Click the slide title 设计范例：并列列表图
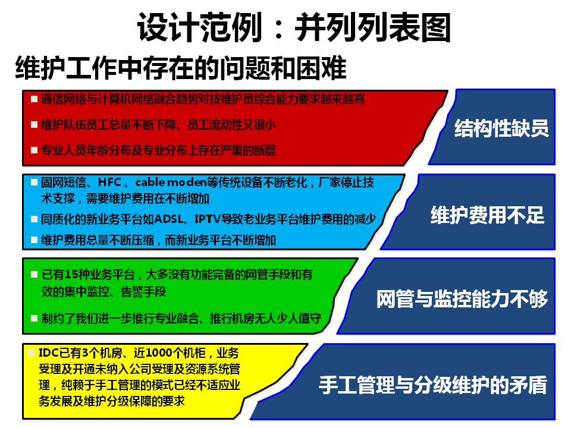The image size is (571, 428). pyautogui.click(x=294, y=27)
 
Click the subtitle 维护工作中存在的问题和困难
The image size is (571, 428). pyautogui.click(x=181, y=68)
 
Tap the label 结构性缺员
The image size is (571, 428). pyautogui.click(x=501, y=128)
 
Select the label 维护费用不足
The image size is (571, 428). pyautogui.click(x=487, y=215)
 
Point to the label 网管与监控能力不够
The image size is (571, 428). pyautogui.click(x=462, y=299)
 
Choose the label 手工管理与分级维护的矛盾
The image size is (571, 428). pyautogui.click(x=432, y=385)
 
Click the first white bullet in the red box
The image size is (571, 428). pyautogui.click(x=34, y=99)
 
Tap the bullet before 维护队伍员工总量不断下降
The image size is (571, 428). pyautogui.click(x=34, y=125)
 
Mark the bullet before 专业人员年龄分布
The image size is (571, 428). pyautogui.click(x=34, y=150)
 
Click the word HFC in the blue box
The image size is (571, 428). pyautogui.click(x=109, y=182)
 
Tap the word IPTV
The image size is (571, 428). pyautogui.click(x=208, y=219)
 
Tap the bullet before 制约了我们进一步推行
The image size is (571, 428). pyautogui.click(x=34, y=319)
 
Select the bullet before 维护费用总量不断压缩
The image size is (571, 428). pyautogui.click(x=34, y=240)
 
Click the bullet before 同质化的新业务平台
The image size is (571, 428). pyautogui.click(x=34, y=219)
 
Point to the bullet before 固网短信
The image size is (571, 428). pyautogui.click(x=34, y=182)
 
